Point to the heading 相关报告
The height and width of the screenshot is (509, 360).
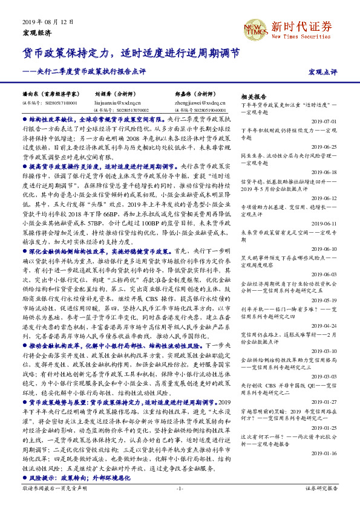(254, 96)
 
